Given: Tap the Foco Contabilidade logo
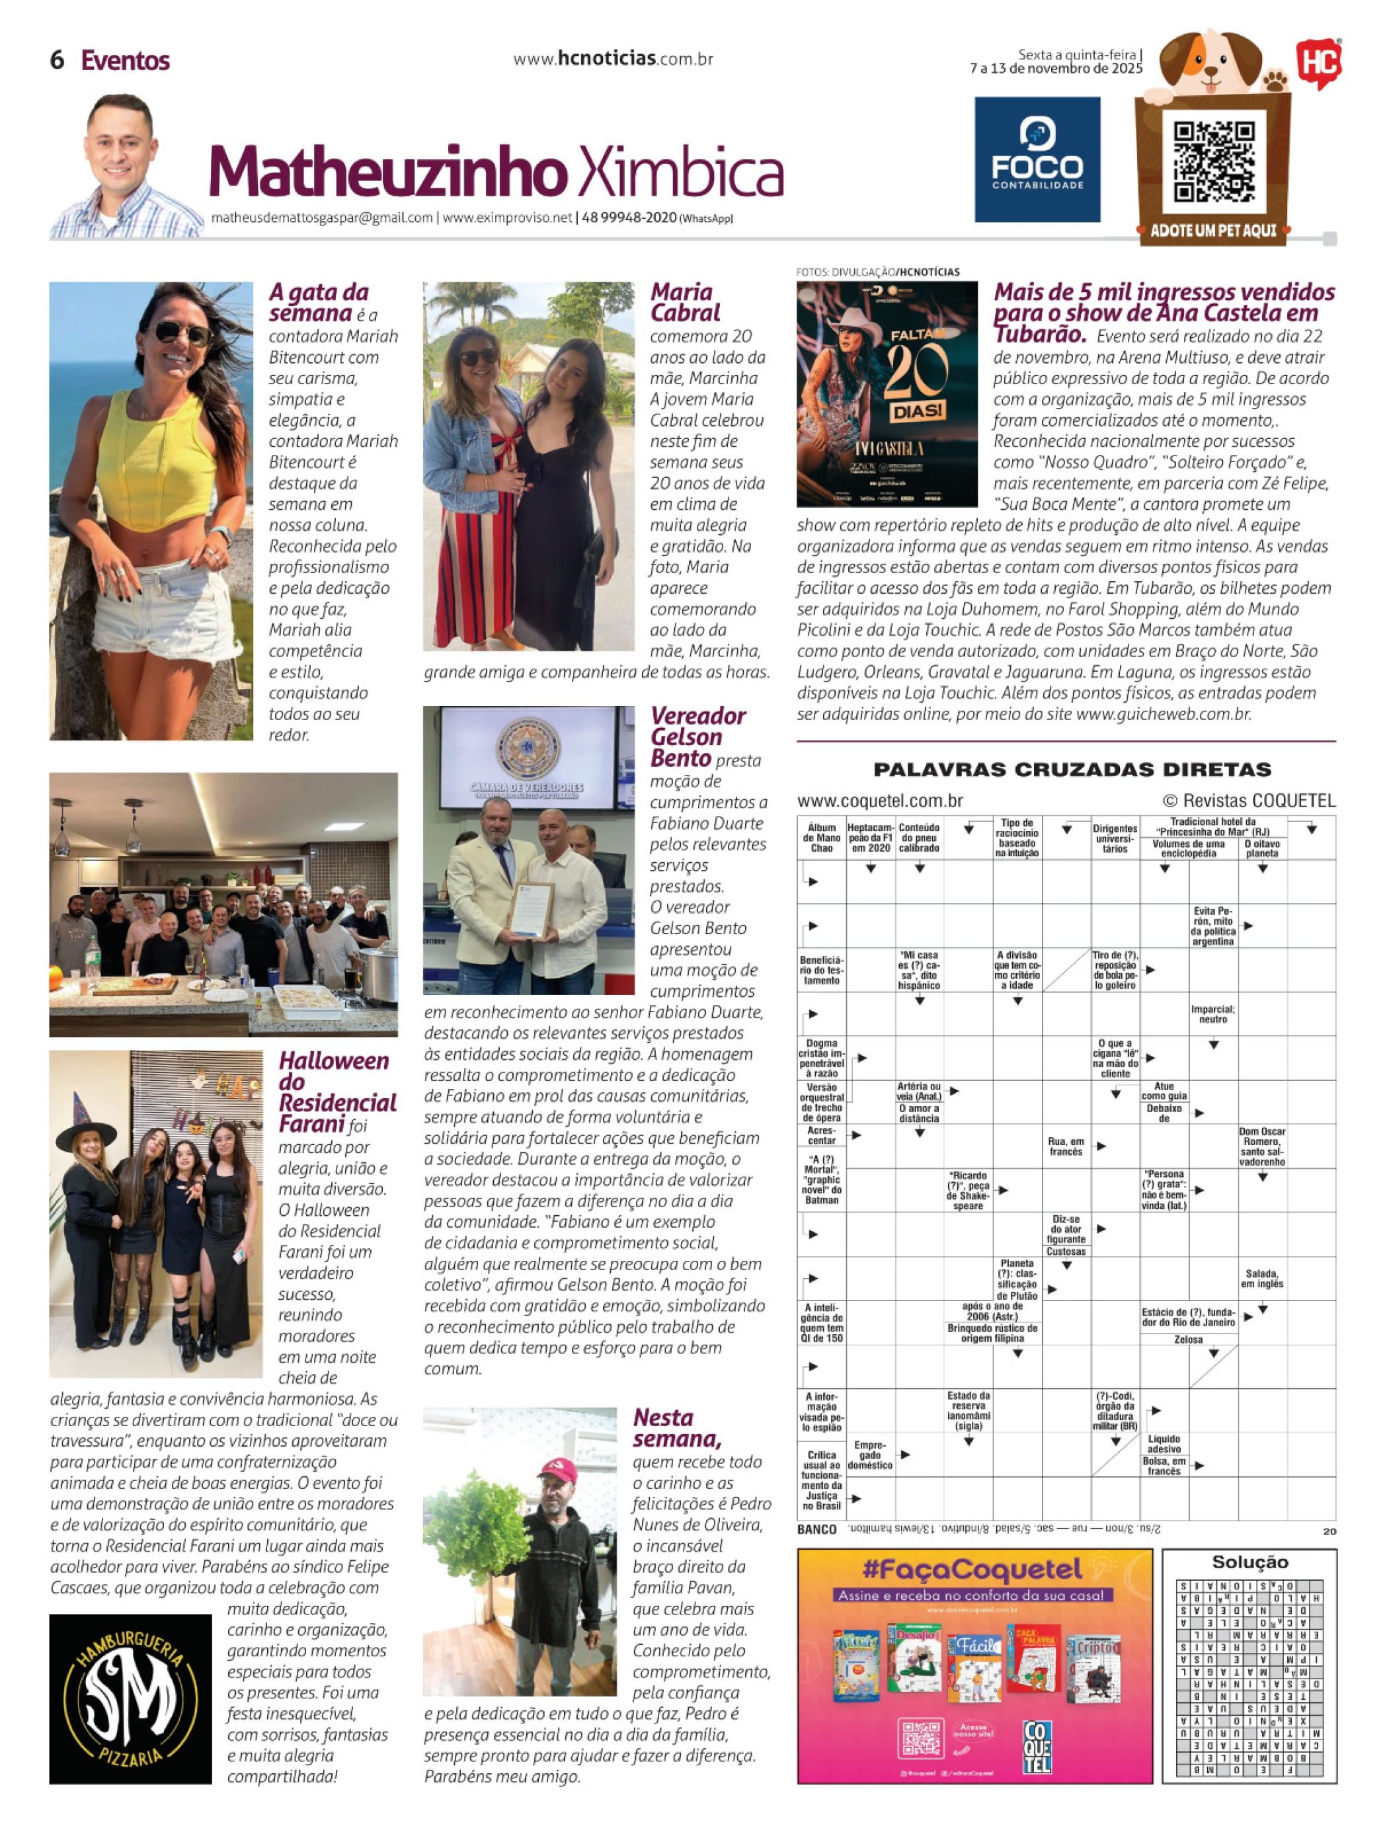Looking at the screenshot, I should point(1037,160).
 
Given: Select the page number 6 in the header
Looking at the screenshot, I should point(58,60).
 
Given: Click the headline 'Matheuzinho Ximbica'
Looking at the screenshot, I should point(496,173).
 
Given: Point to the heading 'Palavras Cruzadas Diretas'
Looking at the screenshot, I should point(1072,770).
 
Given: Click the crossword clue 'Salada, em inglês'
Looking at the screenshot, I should point(1262,1279).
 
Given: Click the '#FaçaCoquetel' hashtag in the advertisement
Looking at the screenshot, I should point(972,1569).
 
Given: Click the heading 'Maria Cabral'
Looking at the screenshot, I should point(685,303).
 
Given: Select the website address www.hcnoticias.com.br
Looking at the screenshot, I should point(613,59).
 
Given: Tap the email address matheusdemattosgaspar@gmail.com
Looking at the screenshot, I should point(322,218).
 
